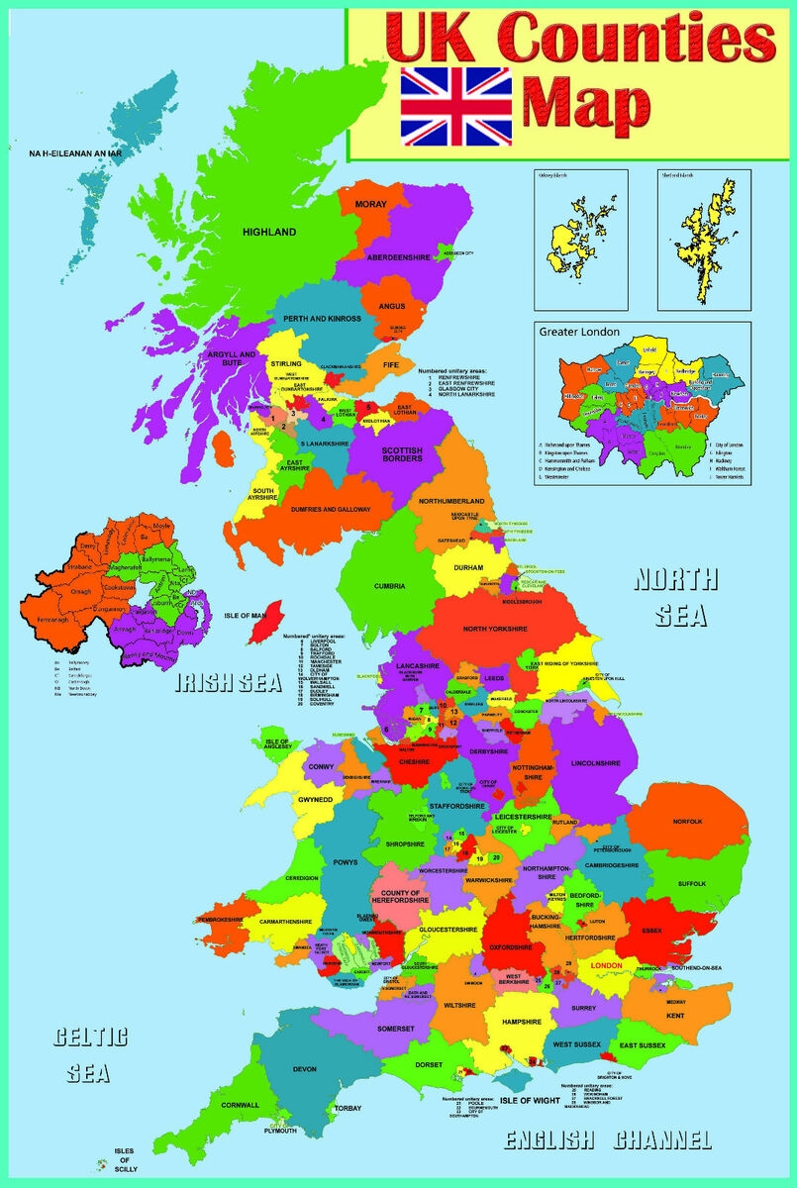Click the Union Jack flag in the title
tap(456, 106)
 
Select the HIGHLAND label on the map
tap(269, 232)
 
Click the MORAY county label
tap(370, 204)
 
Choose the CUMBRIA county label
tap(389, 586)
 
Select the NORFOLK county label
tap(686, 822)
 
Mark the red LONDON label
tap(606, 964)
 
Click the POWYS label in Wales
tap(345, 863)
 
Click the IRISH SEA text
tap(225, 684)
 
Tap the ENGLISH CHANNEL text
tap(608, 1139)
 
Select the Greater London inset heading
tap(580, 332)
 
